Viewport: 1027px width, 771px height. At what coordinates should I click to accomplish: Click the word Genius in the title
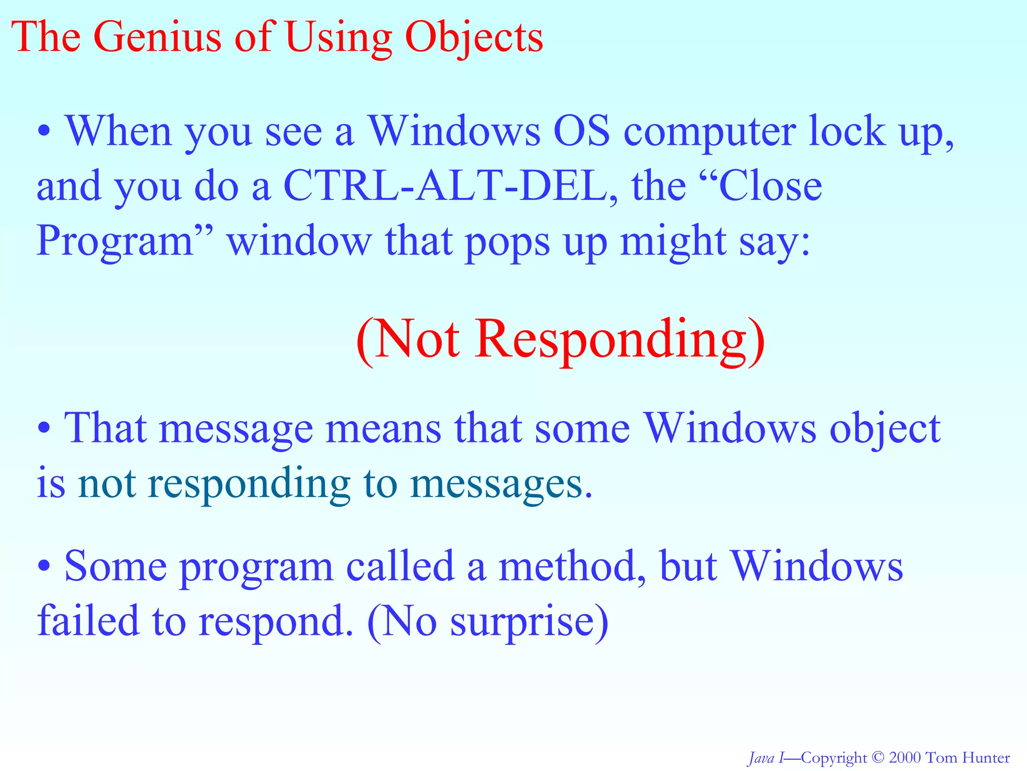(156, 37)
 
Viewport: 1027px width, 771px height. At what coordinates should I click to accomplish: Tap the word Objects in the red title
(474, 38)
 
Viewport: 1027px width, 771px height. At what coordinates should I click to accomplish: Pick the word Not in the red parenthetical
(416, 339)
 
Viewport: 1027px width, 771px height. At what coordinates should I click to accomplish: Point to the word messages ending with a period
(501, 485)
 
